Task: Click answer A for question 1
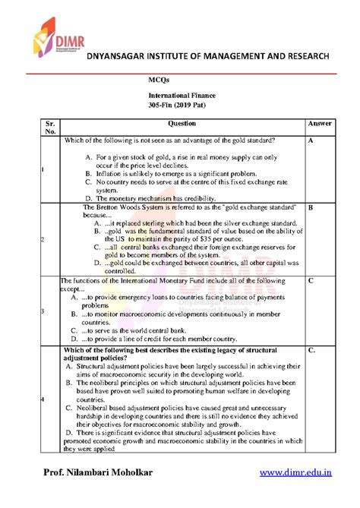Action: (x=312, y=141)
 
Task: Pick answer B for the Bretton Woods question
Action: (x=312, y=207)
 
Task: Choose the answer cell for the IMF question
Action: (x=312, y=281)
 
